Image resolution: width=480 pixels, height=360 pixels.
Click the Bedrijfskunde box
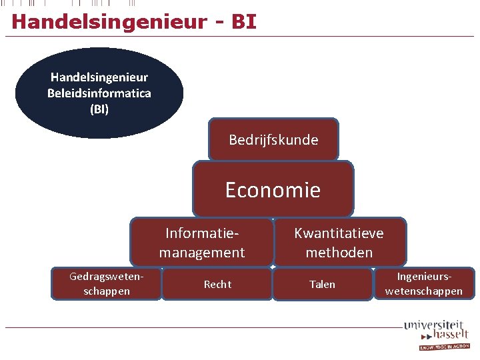click(273, 140)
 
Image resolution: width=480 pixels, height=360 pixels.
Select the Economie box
click(273, 190)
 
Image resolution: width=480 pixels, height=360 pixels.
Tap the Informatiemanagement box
click(202, 243)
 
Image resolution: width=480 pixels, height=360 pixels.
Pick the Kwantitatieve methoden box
click(339, 243)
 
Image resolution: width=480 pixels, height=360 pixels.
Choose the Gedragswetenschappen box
click(107, 284)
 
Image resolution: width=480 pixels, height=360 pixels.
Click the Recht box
click(217, 285)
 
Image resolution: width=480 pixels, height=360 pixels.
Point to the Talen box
click(322, 285)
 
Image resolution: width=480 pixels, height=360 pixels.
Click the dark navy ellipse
click(99, 93)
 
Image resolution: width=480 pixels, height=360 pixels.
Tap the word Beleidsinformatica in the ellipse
click(99, 93)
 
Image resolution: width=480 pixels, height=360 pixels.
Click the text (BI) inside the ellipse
click(99, 108)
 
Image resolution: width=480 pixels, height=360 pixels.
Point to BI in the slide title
click(243, 21)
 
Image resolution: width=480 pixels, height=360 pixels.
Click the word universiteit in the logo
click(434, 325)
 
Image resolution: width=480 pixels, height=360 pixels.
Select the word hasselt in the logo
click(450, 335)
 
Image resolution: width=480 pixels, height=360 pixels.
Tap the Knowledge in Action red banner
click(444, 347)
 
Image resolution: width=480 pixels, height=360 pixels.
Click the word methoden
click(339, 253)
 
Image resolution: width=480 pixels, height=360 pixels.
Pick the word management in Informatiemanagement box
click(202, 253)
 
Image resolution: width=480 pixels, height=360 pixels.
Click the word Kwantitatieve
click(339, 233)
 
